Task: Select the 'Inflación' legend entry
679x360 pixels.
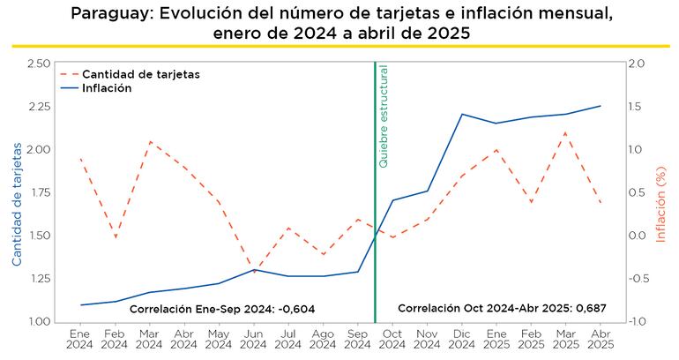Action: pos(108,88)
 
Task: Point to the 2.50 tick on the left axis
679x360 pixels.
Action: pos(38,64)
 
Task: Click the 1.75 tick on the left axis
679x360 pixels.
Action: pos(38,192)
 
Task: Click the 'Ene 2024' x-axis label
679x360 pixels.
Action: pos(80,340)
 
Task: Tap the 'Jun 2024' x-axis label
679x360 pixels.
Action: pos(253,340)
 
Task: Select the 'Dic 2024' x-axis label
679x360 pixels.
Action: pos(461,340)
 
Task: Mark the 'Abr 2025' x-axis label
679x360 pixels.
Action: pos(601,340)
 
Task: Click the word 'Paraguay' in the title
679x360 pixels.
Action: pos(109,13)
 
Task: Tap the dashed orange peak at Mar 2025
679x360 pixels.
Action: pos(565,132)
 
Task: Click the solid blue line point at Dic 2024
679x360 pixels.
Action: pos(461,114)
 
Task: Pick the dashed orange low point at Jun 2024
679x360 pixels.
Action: pos(253,272)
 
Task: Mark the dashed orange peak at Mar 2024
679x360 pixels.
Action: pos(150,141)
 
